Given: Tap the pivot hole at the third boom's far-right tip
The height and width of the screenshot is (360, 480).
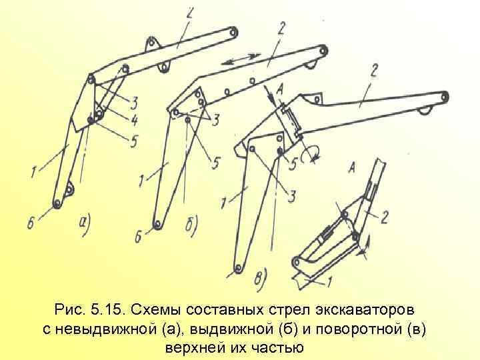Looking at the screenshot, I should coord(445,97).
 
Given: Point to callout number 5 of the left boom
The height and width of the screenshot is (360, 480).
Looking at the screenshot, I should coord(135,141).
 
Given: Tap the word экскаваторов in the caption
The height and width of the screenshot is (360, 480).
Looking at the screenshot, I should coord(358,311).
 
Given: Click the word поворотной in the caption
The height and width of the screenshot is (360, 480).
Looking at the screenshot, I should coord(355,329).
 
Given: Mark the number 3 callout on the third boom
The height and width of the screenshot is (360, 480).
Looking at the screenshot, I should coord(291,194).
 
